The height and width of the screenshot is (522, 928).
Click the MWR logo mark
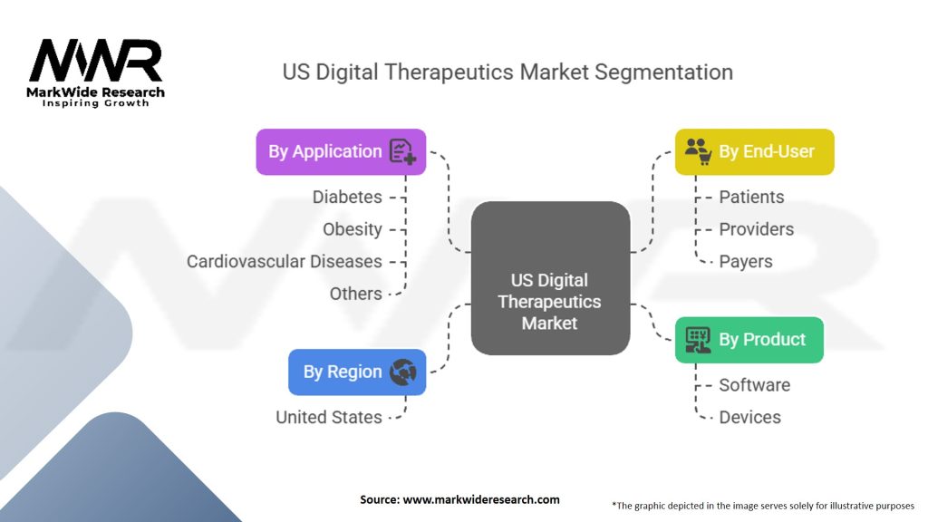click(x=95, y=61)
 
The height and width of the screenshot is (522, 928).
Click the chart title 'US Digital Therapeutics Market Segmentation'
click(x=507, y=72)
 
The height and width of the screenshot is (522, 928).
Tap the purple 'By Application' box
click(x=341, y=151)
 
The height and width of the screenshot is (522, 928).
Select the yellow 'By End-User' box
click(x=754, y=151)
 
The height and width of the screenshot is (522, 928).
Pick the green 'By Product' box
click(x=749, y=340)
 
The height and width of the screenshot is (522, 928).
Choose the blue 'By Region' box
click(x=356, y=372)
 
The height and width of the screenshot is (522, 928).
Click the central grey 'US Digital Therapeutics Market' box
click(x=549, y=301)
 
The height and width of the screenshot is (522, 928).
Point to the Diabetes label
click(x=347, y=197)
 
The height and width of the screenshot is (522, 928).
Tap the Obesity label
click(x=352, y=229)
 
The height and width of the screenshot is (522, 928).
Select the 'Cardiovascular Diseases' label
click(x=284, y=261)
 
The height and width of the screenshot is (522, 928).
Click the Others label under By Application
click(x=355, y=294)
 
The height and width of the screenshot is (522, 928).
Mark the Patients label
click(x=751, y=197)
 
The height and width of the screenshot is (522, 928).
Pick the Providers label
click(x=756, y=229)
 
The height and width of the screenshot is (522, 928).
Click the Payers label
click(x=745, y=261)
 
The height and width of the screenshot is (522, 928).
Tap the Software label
click(x=754, y=385)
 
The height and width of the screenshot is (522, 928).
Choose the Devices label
click(x=749, y=417)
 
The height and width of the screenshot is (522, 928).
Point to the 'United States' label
click(x=328, y=417)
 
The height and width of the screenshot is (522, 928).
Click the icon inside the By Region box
click(x=401, y=372)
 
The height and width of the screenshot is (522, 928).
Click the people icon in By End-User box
click(x=697, y=150)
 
